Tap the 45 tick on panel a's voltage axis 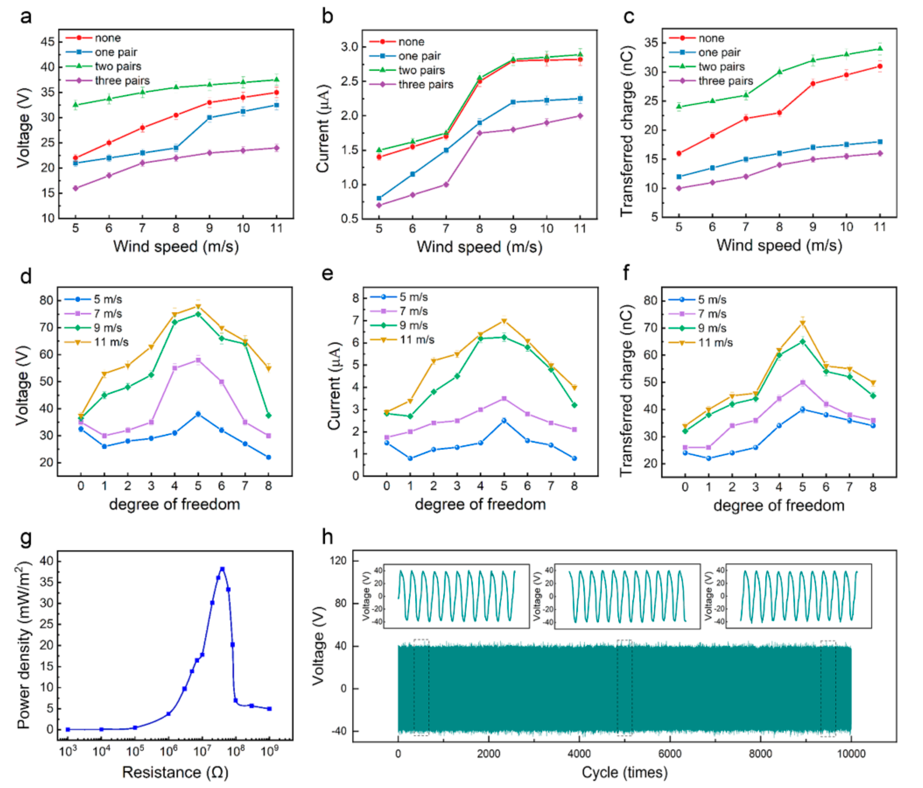[x=48, y=42]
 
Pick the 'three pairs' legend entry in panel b [x=425, y=85]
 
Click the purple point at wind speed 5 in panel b [x=379, y=205]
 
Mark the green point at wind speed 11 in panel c [x=880, y=49]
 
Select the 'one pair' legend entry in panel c [x=719, y=53]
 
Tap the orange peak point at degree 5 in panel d [x=198, y=306]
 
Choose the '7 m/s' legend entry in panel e [x=413, y=311]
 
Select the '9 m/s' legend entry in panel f [x=712, y=328]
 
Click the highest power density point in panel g [x=222, y=569]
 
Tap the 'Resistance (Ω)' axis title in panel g [x=175, y=772]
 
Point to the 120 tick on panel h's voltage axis [x=339, y=560]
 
